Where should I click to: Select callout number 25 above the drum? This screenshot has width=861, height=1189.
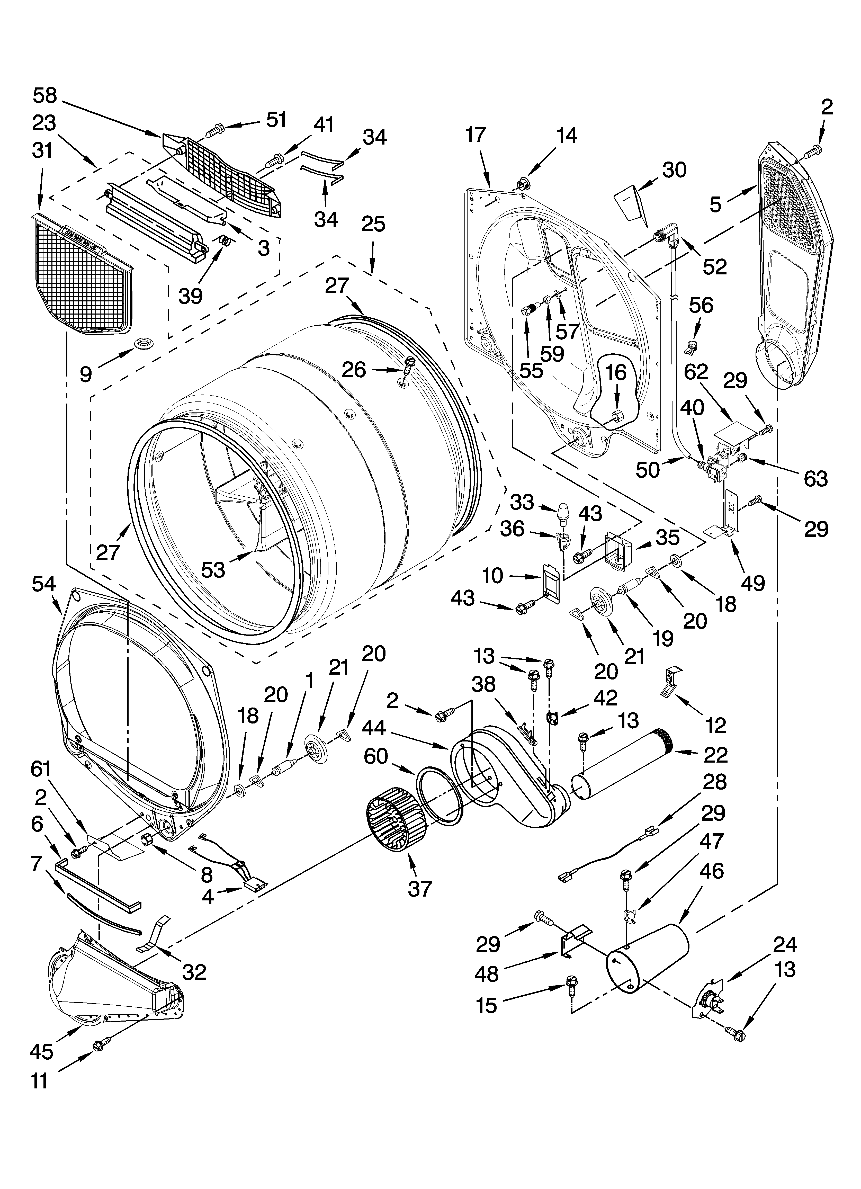click(x=373, y=224)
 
